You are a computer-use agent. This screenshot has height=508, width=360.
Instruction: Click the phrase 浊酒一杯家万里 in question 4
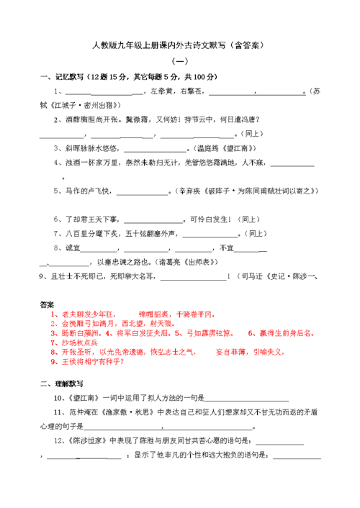pos(93,163)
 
